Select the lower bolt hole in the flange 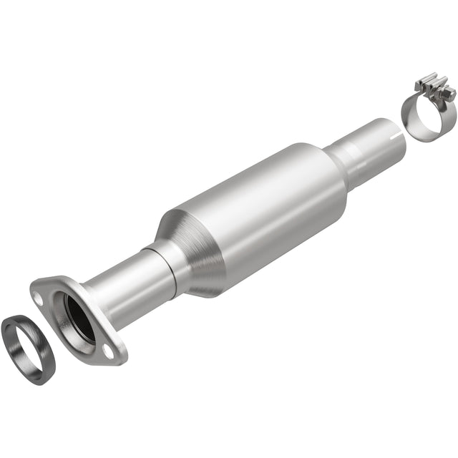point(109,350)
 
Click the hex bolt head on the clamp point(449,94)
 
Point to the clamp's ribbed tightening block point(433,92)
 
